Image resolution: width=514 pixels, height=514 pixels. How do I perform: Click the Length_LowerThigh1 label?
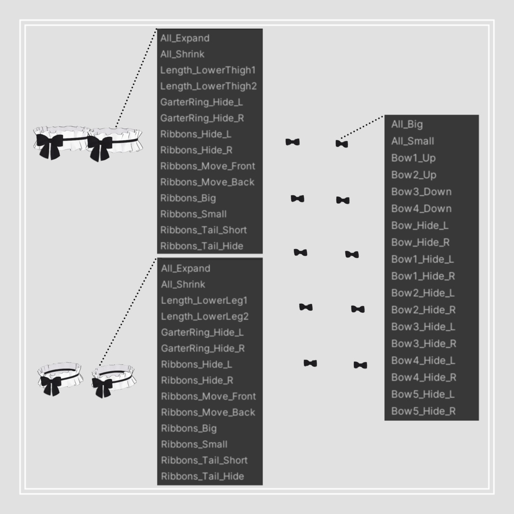coord(208,70)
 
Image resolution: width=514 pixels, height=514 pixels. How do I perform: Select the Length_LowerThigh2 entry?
coord(208,86)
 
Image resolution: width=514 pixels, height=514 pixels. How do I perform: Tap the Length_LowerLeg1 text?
coord(204,301)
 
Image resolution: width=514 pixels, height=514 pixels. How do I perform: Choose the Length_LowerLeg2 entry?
coord(205,317)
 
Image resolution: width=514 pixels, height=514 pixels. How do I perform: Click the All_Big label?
coord(407,124)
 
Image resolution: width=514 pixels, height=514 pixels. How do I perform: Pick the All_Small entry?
coord(413,141)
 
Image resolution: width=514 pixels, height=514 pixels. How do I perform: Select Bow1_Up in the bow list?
coord(414,158)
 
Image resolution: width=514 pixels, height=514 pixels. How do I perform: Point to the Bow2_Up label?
coord(414,175)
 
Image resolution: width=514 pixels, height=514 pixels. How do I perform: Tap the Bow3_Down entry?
coord(421,192)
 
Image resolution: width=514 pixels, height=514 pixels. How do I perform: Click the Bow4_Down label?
coord(421,209)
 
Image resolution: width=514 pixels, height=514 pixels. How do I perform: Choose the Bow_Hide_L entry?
coord(420,225)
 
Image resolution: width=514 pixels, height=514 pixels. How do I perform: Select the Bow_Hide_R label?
coord(420,242)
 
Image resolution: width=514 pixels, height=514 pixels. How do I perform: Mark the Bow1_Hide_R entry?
coord(423,277)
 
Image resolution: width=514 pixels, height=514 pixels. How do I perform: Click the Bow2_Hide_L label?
coord(423,293)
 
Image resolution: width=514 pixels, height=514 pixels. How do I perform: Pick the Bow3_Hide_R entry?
coord(424,344)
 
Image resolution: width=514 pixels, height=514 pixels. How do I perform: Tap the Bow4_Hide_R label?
coord(424,377)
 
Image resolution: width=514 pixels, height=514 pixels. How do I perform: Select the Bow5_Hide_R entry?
coord(423,412)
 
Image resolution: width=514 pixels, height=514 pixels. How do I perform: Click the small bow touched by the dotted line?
coord(341,144)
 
